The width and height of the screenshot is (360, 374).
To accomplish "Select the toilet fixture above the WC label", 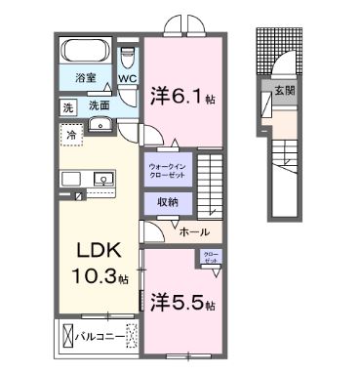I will click(x=128, y=55).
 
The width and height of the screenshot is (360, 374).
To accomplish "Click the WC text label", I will click(x=128, y=77).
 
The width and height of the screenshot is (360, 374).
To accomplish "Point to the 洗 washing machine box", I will click(x=67, y=104).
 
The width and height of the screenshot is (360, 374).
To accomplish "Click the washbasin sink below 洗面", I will click(x=101, y=125).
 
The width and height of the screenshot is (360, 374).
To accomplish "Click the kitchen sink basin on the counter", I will click(x=101, y=180).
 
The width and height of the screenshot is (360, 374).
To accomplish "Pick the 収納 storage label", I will click(x=167, y=202).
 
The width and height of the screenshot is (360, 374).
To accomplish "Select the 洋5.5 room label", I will click(x=181, y=302).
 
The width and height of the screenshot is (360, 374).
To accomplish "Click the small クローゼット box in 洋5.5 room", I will click(x=211, y=260).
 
